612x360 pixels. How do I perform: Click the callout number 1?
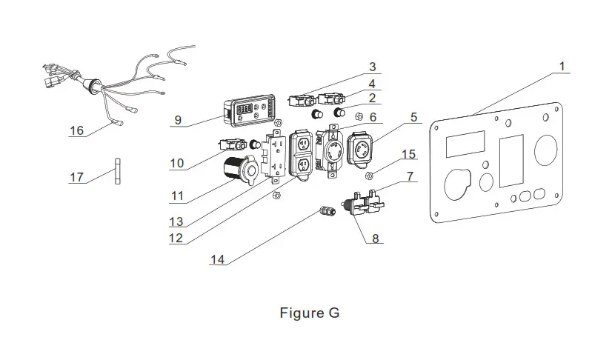(x=562, y=67)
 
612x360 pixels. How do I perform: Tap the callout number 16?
(x=76, y=131)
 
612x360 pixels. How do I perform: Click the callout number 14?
(x=216, y=259)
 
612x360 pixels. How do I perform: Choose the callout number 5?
(x=414, y=116)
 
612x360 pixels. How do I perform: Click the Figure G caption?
(x=310, y=313)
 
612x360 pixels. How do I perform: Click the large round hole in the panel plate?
(x=546, y=148)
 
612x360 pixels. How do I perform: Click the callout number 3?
(x=373, y=68)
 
